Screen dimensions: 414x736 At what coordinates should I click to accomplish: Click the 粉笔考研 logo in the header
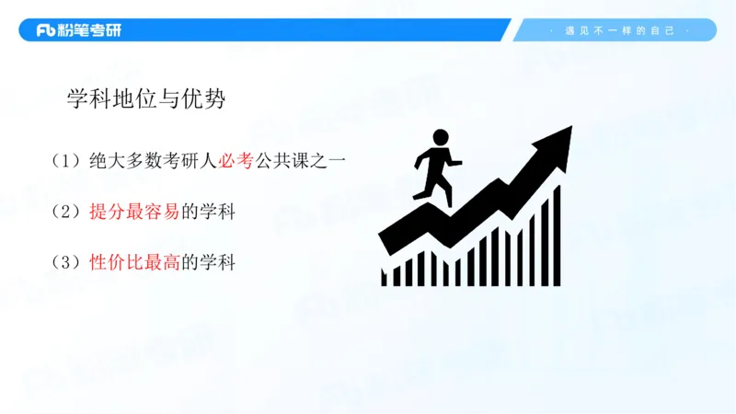pos(78,30)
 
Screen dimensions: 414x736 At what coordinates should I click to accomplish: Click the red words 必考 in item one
pos(235,161)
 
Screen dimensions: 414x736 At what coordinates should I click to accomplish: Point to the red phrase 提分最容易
pos(135,212)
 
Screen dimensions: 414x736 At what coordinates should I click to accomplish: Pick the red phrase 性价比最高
pos(135,262)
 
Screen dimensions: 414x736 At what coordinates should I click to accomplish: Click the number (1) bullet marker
pos(67,161)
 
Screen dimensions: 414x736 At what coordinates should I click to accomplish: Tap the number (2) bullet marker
pos(67,212)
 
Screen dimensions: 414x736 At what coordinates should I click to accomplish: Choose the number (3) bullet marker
pos(67,262)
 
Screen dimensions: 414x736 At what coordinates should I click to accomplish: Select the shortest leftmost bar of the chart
pos(385,276)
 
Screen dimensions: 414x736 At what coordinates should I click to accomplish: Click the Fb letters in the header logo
pos(46,30)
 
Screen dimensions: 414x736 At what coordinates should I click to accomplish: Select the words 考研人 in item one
pos(188,161)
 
